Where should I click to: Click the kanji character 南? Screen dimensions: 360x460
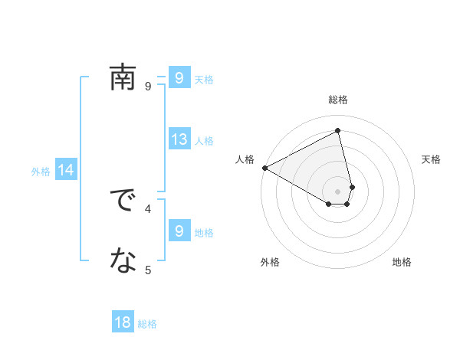pyautogui.click(x=123, y=77)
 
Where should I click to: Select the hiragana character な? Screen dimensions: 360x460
pyautogui.click(x=123, y=261)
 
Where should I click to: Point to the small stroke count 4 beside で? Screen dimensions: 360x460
pyautogui.click(x=148, y=208)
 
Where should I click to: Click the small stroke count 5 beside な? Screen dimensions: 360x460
pyautogui.click(x=148, y=269)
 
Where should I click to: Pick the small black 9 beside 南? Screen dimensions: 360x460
pyautogui.click(x=148, y=86)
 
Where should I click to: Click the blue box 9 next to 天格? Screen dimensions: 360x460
pyautogui.click(x=179, y=77)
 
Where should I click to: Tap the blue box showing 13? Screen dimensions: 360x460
pyautogui.click(x=179, y=139)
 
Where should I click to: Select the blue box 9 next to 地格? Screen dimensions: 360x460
pyautogui.click(x=179, y=231)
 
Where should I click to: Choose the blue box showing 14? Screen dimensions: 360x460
pyautogui.click(x=66, y=171)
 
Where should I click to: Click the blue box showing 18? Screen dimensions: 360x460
pyautogui.click(x=123, y=322)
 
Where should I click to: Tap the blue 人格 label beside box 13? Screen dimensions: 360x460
pyautogui.click(x=204, y=141)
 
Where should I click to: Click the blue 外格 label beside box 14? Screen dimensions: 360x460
pyautogui.click(x=41, y=172)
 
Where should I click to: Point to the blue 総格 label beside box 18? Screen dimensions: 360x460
pyautogui.click(x=147, y=324)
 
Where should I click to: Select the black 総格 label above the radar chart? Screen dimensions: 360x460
pyautogui.click(x=338, y=100)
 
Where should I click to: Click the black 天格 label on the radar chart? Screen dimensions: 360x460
pyautogui.click(x=432, y=159)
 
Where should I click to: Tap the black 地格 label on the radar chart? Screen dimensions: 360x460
pyautogui.click(x=402, y=263)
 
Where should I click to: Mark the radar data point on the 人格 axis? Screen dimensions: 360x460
pyautogui.click(x=264, y=168)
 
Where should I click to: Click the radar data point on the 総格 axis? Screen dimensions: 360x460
pyautogui.click(x=338, y=131)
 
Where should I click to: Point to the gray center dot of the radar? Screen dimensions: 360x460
pyautogui.click(x=338, y=191)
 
